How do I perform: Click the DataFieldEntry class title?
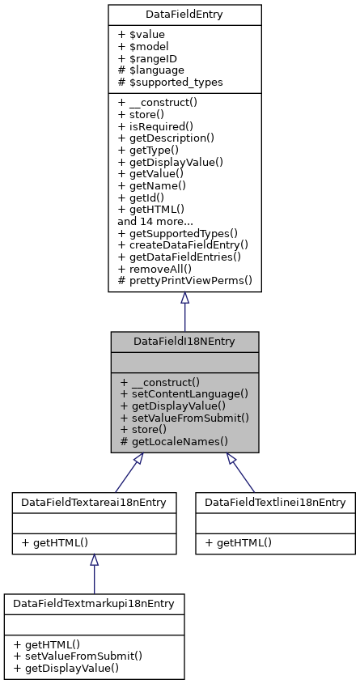coord(184,15)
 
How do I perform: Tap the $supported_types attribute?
coord(171,83)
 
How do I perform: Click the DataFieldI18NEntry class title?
coord(184,342)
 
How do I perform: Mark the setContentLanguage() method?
coord(184,393)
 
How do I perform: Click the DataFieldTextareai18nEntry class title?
coord(94,503)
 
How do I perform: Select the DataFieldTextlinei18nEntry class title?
coord(275,503)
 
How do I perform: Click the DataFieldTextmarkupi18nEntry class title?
coord(94,604)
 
